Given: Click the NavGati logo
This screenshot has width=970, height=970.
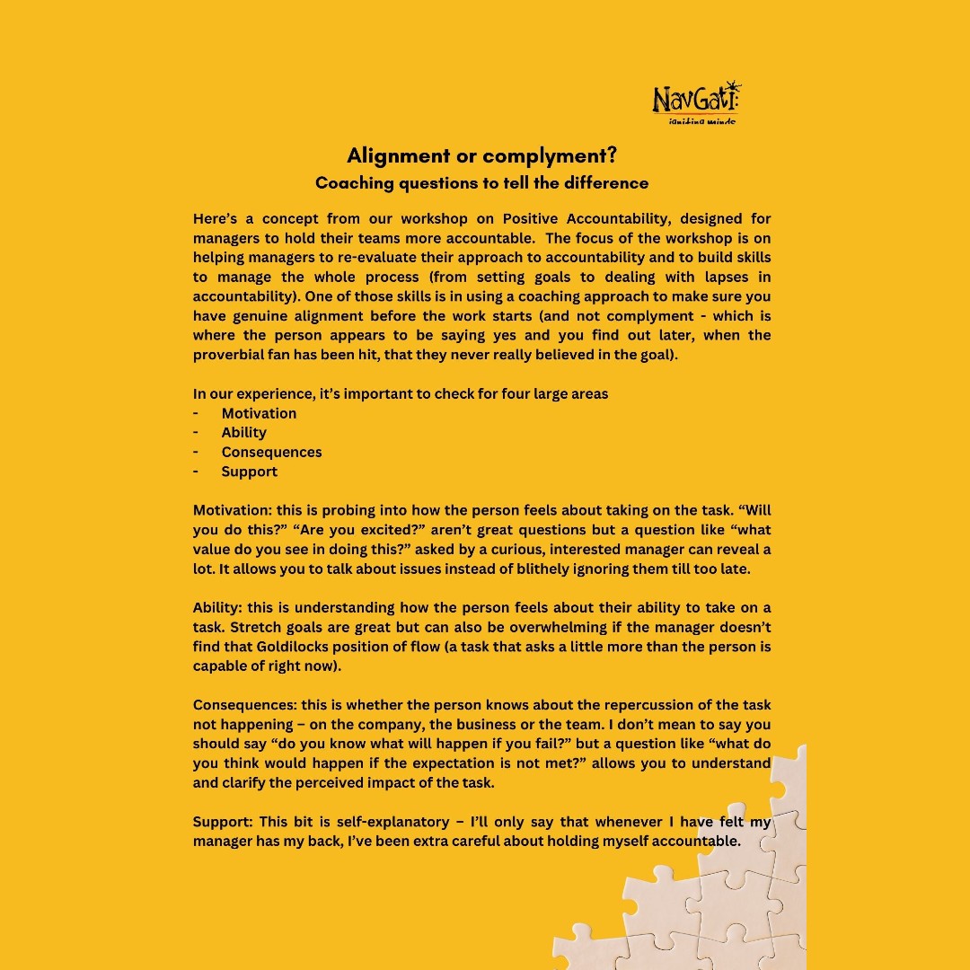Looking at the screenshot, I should click(x=697, y=99).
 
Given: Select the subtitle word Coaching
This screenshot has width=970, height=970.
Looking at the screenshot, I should click(x=353, y=183).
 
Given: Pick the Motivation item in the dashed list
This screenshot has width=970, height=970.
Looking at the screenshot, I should click(x=259, y=413).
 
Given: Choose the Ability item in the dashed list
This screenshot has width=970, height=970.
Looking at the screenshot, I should click(x=244, y=432).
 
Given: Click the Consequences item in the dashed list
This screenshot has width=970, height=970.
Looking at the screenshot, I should click(x=271, y=452).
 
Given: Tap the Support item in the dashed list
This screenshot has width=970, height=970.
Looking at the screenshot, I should click(x=250, y=472).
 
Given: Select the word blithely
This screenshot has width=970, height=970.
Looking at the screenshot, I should click(x=538, y=569).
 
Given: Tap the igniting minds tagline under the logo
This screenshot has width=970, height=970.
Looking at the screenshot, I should click(x=701, y=120).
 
